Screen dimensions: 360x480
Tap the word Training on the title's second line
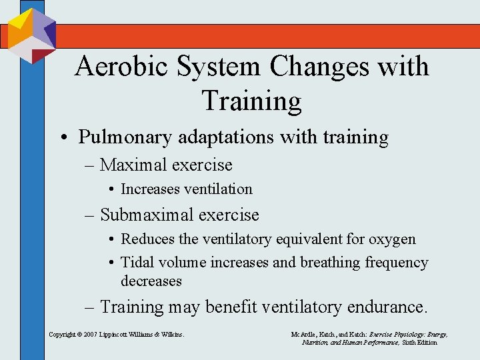[x=251, y=101]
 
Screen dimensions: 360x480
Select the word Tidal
[x=135, y=263]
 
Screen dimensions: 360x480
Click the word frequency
[x=396, y=263]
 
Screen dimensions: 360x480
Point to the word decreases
[x=151, y=281]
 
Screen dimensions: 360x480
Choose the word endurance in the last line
[x=387, y=307]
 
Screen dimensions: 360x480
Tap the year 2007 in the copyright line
[x=89, y=333]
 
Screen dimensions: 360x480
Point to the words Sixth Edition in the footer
[x=418, y=342]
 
